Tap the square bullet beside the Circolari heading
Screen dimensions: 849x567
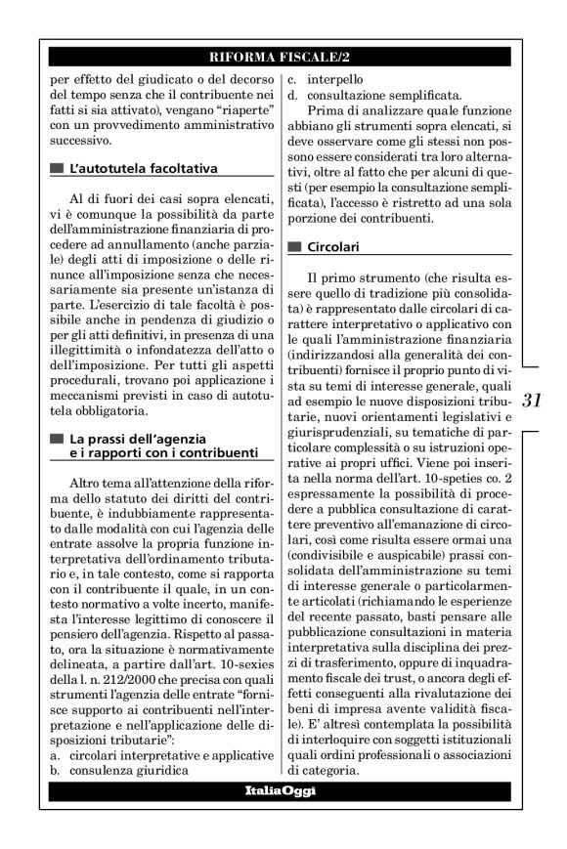(x=294, y=248)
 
